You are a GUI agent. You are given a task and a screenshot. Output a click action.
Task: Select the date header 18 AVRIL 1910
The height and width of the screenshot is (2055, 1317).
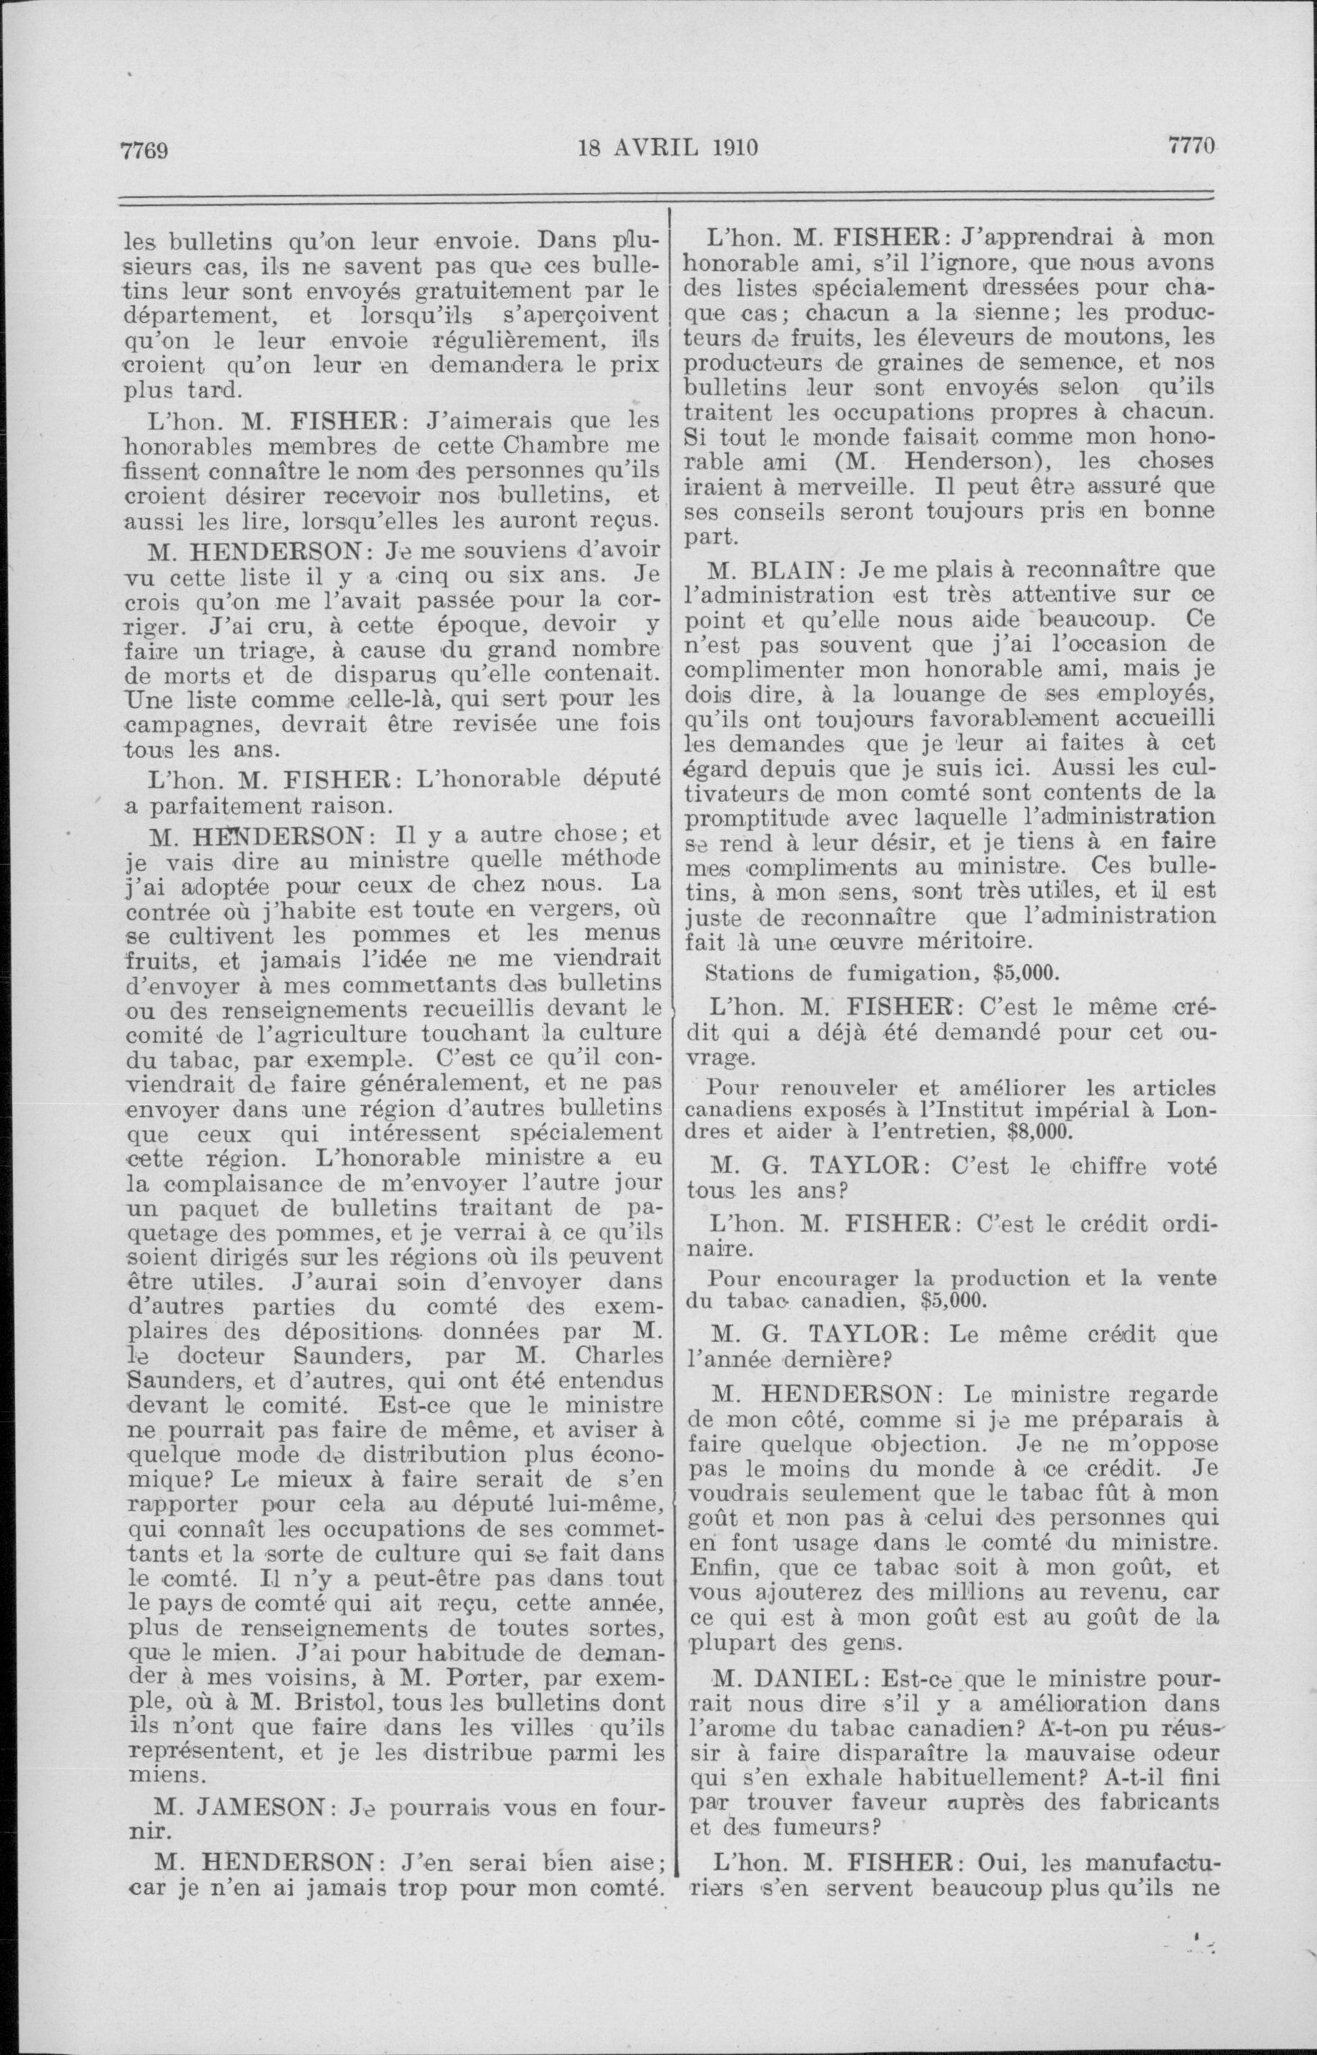(668, 147)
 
